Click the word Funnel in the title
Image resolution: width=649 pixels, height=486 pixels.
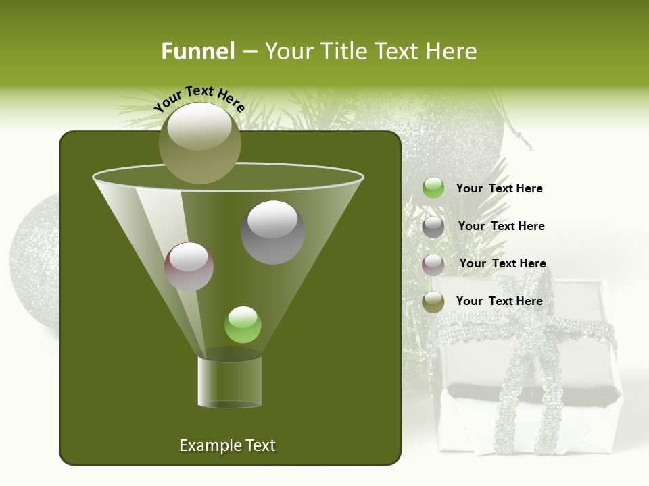pos(197,51)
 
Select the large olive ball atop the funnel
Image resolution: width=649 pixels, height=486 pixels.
pos(199,143)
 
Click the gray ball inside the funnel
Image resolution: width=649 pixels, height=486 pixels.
pos(272,232)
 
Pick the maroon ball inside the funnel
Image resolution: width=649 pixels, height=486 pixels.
pos(189,267)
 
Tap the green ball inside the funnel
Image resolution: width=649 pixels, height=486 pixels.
pos(243,325)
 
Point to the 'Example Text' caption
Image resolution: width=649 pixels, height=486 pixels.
pos(227,446)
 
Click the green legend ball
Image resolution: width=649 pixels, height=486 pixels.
pos(433,188)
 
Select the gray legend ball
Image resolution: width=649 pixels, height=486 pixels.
pos(433,227)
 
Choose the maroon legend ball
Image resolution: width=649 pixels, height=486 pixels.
pos(433,265)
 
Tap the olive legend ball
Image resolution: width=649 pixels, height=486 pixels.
pos(433,302)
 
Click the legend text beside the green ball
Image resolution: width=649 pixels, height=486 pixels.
pos(499,188)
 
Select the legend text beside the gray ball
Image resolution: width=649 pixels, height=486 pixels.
pos(501,226)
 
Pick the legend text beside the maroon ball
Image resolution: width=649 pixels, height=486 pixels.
pos(502,263)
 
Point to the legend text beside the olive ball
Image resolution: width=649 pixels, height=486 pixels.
pos(499,301)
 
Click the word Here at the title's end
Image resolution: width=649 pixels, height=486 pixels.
pos(453,51)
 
